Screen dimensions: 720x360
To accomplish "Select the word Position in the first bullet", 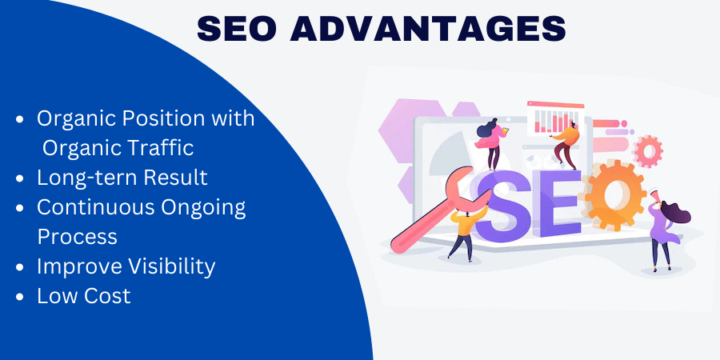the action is click(x=162, y=118).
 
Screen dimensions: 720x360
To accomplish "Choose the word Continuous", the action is click(x=95, y=207).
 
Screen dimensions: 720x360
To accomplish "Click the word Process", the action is click(x=77, y=237).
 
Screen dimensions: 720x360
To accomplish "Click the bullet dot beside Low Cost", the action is click(x=19, y=297).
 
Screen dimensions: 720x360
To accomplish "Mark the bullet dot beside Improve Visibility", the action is click(x=19, y=267).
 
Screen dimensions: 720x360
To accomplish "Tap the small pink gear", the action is click(x=648, y=151).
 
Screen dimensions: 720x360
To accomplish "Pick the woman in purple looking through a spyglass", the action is click(x=663, y=230).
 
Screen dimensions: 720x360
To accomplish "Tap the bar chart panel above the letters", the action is click(x=556, y=118).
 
